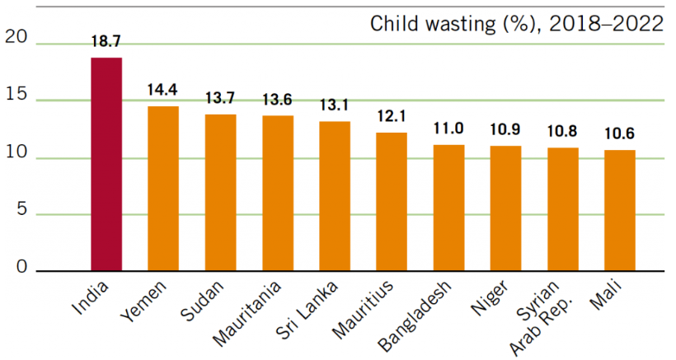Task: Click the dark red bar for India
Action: (106, 164)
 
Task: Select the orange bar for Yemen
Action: (163, 188)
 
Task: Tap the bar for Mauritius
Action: (392, 201)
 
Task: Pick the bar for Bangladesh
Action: (448, 208)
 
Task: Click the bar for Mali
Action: (620, 210)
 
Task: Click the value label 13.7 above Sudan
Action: (220, 97)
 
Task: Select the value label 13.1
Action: (335, 105)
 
